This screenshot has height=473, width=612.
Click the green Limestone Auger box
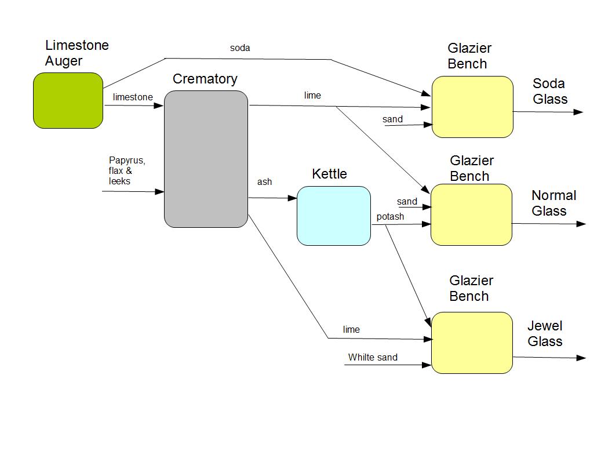68,101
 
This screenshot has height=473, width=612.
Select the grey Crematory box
206,159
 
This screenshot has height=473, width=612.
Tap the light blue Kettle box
334,216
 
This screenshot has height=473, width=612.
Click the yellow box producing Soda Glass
472,107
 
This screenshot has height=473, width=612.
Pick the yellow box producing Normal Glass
472,214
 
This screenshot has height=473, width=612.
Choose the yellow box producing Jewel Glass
472,343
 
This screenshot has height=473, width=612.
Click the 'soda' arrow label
240,48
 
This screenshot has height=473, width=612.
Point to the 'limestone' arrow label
133,97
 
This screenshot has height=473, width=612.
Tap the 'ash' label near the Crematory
265,182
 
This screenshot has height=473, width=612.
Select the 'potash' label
390,217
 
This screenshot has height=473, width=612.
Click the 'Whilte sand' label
373,358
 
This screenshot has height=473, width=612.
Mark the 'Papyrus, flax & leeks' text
127,170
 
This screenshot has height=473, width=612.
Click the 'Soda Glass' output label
550,91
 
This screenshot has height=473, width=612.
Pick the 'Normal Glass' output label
554,203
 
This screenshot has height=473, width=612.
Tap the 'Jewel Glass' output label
545,333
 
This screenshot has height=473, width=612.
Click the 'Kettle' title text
329,174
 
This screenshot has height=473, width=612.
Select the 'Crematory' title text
205,79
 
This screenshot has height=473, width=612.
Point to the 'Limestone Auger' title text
77,53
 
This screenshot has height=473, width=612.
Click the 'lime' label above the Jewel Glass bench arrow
351,329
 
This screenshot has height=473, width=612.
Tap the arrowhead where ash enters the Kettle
292,198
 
